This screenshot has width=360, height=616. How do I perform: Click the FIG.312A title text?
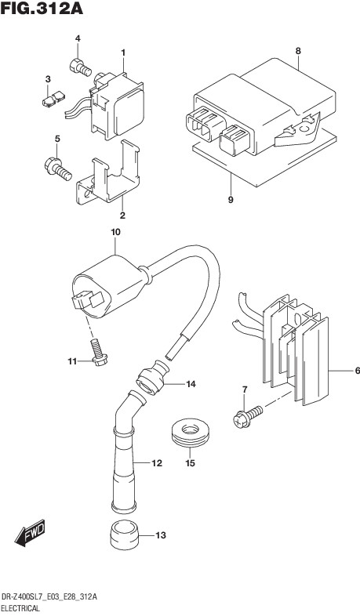pyautogui.click(x=42, y=9)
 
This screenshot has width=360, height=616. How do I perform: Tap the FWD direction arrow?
pyautogui.click(x=30, y=533)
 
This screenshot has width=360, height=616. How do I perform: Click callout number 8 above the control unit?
pyautogui.click(x=298, y=51)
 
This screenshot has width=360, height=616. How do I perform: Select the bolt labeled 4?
pyautogui.click(x=81, y=67)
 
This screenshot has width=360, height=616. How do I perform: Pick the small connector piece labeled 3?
pyautogui.click(x=53, y=99)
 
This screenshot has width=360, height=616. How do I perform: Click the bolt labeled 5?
pyautogui.click(x=58, y=168)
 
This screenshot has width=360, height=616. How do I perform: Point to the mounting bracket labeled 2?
pyautogui.click(x=108, y=174)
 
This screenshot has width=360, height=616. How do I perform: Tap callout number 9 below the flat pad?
pyautogui.click(x=231, y=200)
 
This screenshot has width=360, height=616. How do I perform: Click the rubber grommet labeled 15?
pyautogui.click(x=191, y=433)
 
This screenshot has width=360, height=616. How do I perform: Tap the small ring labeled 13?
pyautogui.click(x=125, y=535)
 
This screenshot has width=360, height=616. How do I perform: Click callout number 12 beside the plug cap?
pyautogui.click(x=156, y=464)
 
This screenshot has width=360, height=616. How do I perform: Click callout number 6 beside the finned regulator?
pyautogui.click(x=357, y=371)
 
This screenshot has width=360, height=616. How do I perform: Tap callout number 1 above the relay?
pyautogui.click(x=123, y=53)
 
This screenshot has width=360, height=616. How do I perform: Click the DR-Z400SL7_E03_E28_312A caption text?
pyautogui.click(x=49, y=597)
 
